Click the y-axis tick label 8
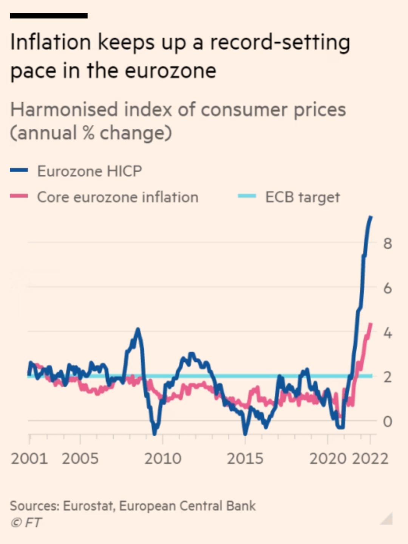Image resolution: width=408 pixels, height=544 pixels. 388,243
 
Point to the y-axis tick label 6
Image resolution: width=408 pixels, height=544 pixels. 388,288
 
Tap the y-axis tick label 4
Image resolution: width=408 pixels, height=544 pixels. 388,333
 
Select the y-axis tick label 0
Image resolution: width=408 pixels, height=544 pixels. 388,422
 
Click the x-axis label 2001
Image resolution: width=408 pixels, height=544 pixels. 29,459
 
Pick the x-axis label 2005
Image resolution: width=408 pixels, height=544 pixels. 80,459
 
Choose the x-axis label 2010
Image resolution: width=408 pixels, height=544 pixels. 163,459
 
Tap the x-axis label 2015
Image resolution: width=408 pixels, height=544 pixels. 245,459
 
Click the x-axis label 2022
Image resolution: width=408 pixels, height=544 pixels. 370,459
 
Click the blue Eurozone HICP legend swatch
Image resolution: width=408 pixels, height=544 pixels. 19,170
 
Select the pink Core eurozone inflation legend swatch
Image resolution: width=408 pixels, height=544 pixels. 19,196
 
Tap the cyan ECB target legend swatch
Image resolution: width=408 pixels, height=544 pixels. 247,196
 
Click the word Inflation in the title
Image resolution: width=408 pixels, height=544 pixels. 51,42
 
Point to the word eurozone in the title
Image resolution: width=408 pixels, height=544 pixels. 170,71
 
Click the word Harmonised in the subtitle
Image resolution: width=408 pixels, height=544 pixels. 64,109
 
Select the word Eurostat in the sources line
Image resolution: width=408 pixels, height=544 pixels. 89,506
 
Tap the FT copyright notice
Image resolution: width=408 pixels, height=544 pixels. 26,523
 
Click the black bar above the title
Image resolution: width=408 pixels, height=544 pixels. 49,16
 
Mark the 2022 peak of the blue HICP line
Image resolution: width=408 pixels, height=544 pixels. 371,217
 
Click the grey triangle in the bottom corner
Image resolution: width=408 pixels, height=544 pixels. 388,520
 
